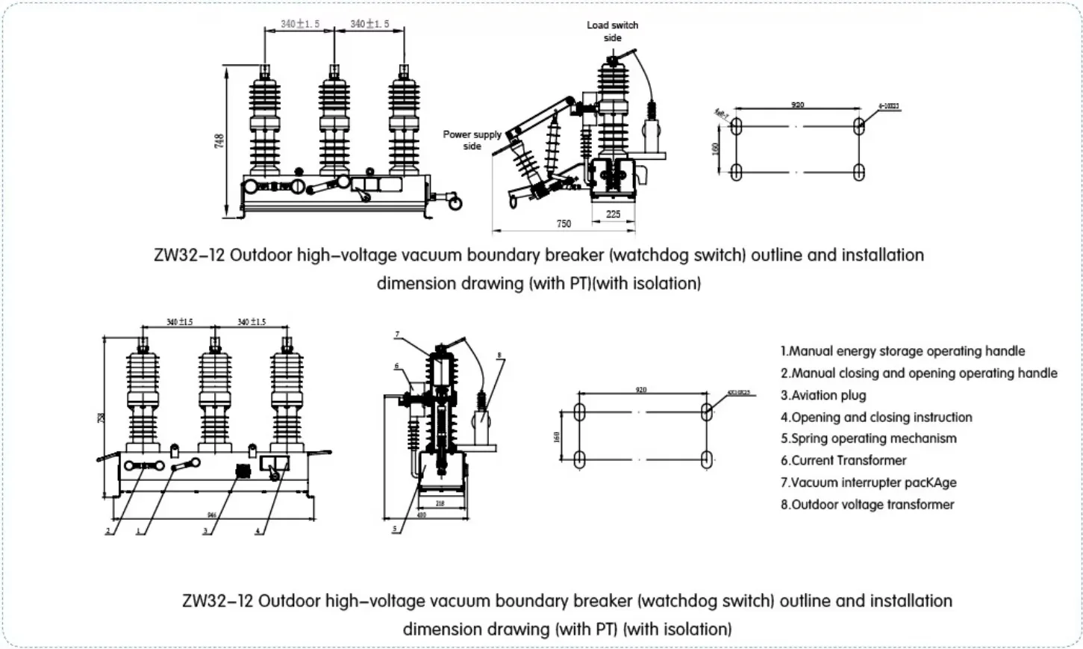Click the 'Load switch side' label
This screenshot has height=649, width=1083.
[612, 31]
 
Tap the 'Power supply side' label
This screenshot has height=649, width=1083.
[472, 140]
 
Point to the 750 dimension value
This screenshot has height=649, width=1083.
[564, 223]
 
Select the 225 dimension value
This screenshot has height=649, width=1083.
[613, 214]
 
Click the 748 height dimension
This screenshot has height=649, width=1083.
[219, 140]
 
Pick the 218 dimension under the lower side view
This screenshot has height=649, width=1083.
[440, 503]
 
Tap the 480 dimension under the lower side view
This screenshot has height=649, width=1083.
[421, 515]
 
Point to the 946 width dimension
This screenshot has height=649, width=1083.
[212, 515]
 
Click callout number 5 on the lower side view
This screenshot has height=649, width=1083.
[395, 529]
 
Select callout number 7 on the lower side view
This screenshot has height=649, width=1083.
[397, 335]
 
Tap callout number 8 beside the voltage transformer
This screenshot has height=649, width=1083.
[499, 355]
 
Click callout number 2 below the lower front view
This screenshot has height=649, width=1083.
[108, 531]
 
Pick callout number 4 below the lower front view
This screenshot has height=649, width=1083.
[258, 531]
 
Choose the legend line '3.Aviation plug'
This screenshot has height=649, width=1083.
[823, 395]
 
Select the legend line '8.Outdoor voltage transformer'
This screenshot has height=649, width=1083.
[867, 504]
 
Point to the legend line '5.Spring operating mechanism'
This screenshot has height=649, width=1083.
[868, 438]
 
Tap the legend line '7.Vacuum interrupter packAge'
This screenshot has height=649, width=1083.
[868, 482]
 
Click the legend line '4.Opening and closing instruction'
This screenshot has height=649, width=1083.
[876, 417]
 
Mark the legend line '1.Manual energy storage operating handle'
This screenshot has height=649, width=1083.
[902, 351]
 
